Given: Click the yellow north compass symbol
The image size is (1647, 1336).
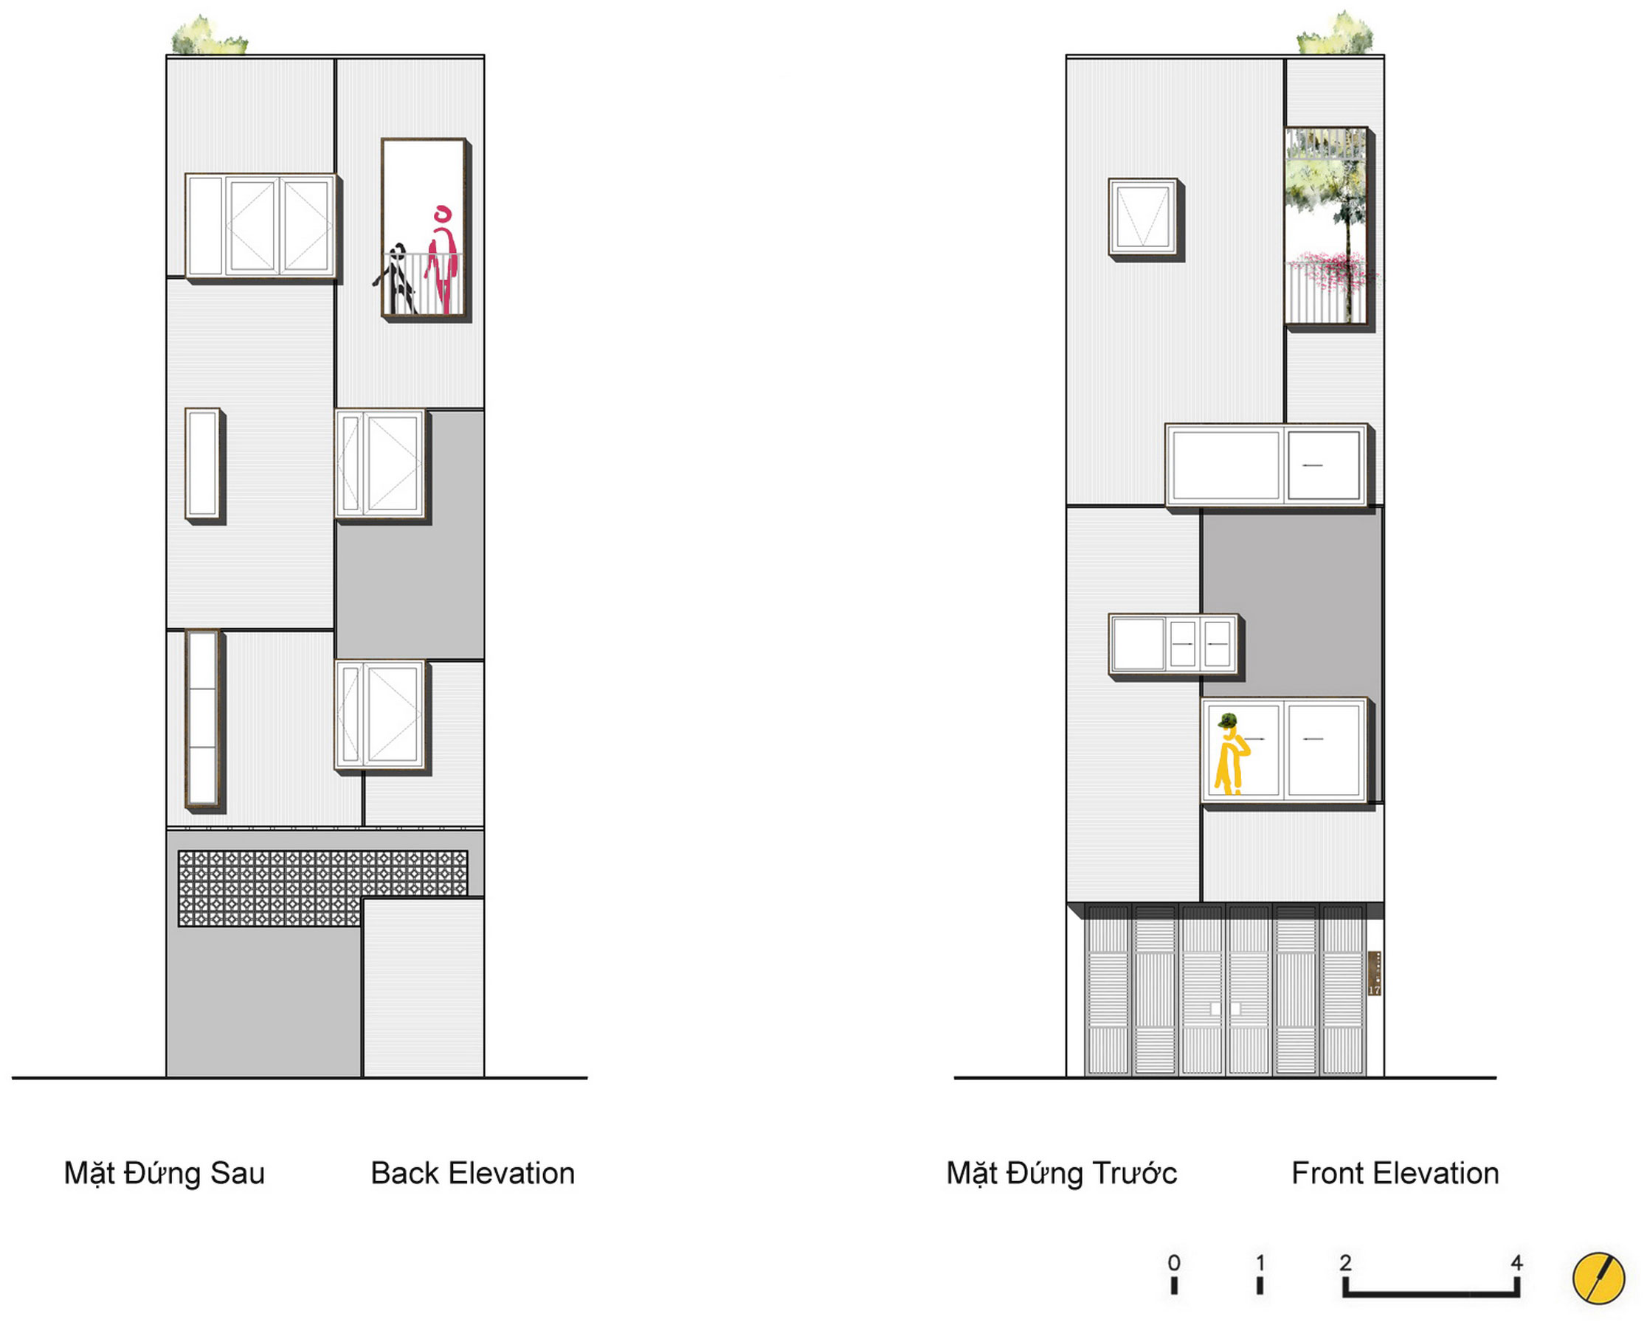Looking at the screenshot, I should click(1598, 1278).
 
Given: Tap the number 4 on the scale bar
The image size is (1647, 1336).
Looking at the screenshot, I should click(1516, 1263).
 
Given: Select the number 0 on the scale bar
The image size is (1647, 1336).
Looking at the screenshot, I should click(1173, 1263).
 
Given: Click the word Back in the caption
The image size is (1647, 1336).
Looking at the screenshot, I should click(406, 1174).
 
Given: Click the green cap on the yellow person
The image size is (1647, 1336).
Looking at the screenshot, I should click(1226, 721).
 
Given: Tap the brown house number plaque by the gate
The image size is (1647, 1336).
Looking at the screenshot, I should click(1374, 973).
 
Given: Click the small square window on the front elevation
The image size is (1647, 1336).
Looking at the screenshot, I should click(1143, 217).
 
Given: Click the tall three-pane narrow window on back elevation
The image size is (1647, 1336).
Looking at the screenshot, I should click(202, 718).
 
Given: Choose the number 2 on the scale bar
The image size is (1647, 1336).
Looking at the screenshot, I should click(1345, 1263).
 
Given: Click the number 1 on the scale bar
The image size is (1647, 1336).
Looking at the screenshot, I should click(1260, 1263).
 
